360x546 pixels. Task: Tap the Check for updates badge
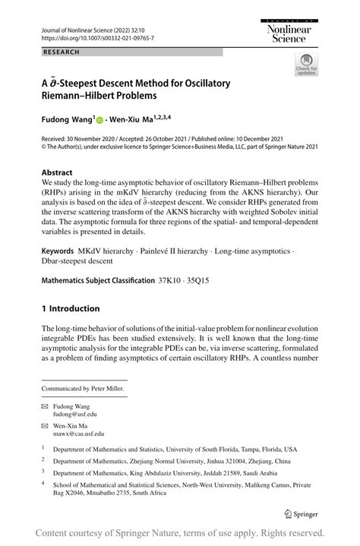(x=306, y=65)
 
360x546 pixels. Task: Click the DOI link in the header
(x=90, y=37)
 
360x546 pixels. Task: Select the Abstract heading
(x=57, y=172)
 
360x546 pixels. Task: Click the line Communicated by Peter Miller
(x=83, y=389)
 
